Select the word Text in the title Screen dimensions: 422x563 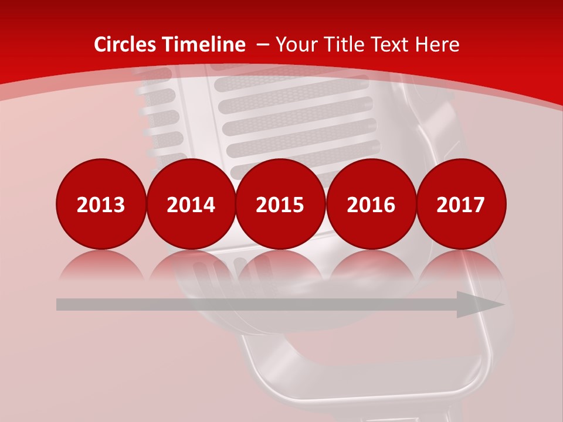click(389, 45)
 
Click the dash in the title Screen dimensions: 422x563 click(263, 45)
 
